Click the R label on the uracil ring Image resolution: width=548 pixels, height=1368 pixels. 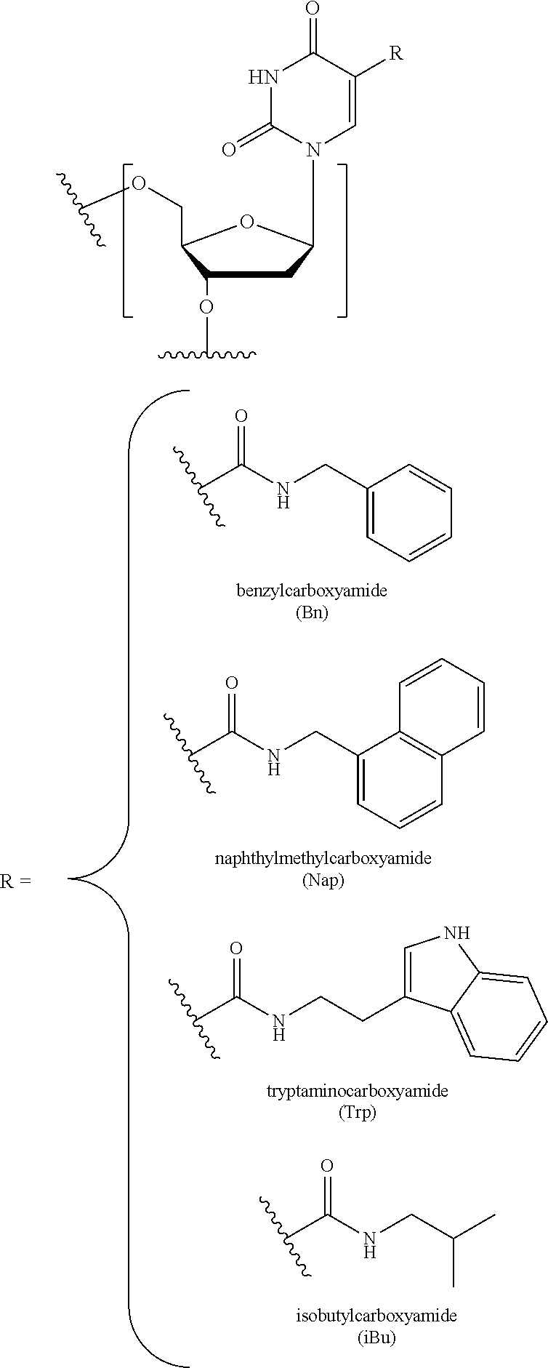pos(395,54)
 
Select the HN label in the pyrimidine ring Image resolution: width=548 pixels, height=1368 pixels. pos(265,77)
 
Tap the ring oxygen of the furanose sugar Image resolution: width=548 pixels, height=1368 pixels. pos(247,221)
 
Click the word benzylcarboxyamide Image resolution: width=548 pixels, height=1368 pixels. pos(312,590)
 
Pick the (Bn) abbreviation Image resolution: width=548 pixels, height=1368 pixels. pos(312,613)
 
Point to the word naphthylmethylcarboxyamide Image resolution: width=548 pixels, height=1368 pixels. pos(323,857)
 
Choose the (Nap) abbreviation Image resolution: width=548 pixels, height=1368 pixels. pos(323,881)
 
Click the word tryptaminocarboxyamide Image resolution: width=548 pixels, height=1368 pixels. pos(357,1090)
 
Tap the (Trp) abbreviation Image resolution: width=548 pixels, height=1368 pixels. pos(357,1113)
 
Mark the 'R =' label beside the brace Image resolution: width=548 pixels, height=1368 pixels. pos(16,881)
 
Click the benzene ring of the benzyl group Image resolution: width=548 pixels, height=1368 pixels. pos(409,513)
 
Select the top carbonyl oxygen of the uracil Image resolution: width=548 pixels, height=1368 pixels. pos(313,9)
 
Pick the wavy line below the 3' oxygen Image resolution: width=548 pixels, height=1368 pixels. pos(207,356)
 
